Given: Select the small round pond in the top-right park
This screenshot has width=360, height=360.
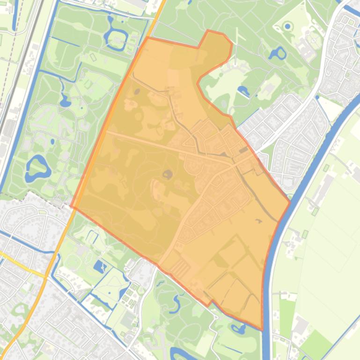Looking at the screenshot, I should (x=287, y=26).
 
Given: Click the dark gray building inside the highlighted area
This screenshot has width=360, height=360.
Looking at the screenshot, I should (x=243, y=150).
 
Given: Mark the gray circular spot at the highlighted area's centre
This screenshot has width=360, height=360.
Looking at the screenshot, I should (x=167, y=175).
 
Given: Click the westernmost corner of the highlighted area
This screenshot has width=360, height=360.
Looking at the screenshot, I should (x=71, y=205).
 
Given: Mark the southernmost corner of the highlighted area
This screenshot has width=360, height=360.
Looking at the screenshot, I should (x=261, y=329).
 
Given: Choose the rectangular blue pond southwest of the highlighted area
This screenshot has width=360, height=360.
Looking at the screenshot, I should (x=100, y=266).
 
